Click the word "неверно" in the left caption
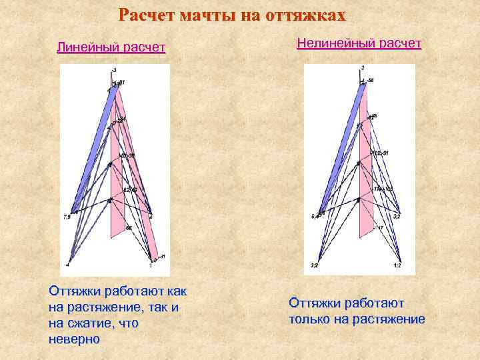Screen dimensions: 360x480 (x=75, y=339)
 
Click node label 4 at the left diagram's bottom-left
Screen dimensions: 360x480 (x=67, y=265)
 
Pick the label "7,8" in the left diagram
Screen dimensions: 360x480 (x=67, y=216)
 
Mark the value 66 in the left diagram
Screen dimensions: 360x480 (x=129, y=228)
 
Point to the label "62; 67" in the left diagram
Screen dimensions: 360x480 (x=130, y=190)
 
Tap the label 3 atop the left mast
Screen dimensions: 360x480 (x=115, y=69)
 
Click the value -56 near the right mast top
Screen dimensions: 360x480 (x=369, y=81)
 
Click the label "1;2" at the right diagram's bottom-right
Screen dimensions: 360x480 (x=397, y=265)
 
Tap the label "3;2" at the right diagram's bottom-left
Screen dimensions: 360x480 (x=314, y=265)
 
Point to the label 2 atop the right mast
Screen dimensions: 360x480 (x=362, y=68)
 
